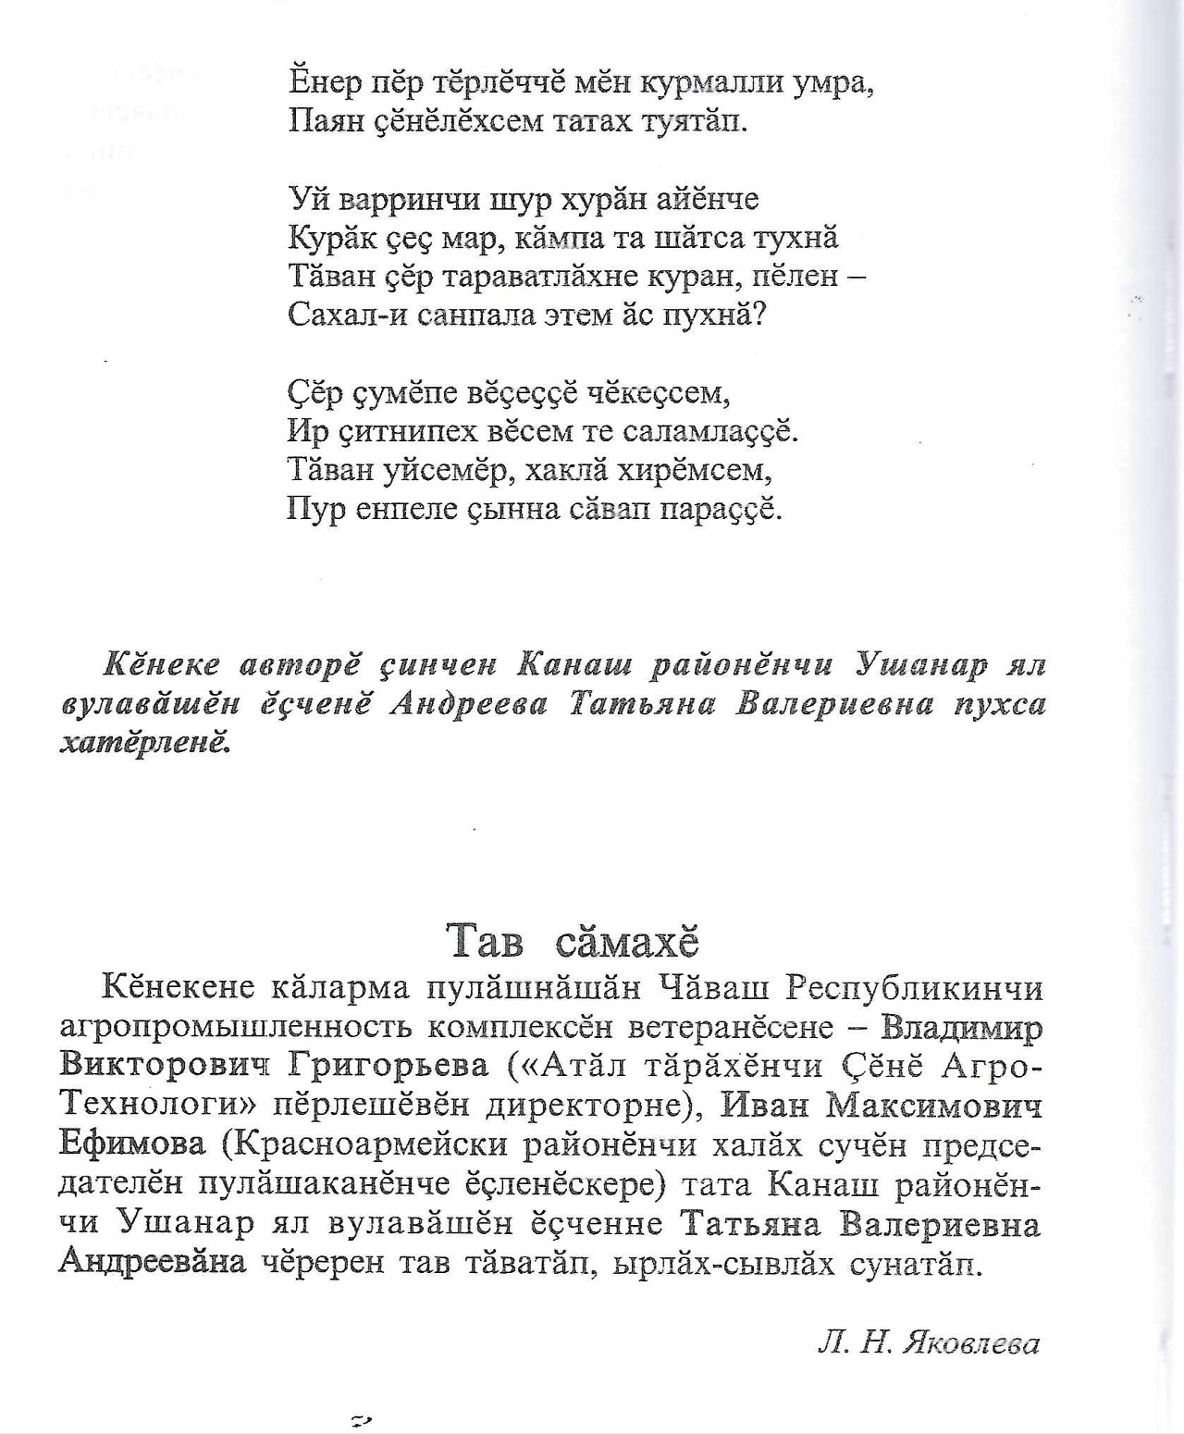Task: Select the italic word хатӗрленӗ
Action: [x=144, y=743]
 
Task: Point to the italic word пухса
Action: [x=1001, y=704]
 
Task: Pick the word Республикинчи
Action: [x=915, y=988]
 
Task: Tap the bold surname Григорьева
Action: [x=388, y=1067]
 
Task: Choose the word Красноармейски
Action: [x=373, y=1145]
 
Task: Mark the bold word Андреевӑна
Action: [x=153, y=1263]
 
